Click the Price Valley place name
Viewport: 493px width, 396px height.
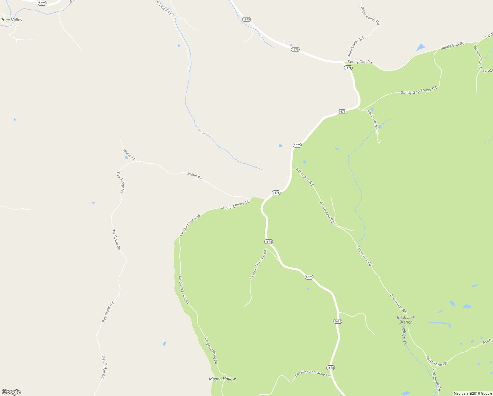pos(12,20)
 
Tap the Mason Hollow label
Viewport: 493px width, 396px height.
pos(222,379)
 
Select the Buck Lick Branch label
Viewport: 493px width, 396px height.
pos(406,320)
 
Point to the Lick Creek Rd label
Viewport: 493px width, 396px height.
pos(436,379)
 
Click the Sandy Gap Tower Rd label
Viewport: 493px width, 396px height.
pos(419,90)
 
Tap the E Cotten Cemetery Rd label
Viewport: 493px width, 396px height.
pos(258,265)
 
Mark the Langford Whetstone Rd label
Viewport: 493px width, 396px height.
pos(312,373)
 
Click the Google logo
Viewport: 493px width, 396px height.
pos(11,392)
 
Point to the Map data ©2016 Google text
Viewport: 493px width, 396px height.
pos(473,393)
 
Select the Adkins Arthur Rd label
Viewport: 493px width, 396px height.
pos(478,57)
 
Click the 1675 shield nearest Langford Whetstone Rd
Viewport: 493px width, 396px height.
pos(331,368)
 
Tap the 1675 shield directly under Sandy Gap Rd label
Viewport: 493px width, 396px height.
pos(348,68)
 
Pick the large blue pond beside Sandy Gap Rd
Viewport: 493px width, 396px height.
pos(420,48)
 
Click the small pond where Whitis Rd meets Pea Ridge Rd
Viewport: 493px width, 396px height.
pos(126,157)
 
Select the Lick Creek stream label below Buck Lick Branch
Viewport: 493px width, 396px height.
pos(404,335)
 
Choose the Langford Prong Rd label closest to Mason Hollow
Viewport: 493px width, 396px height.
pos(211,350)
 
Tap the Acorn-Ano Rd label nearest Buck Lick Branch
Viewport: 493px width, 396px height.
pos(398,304)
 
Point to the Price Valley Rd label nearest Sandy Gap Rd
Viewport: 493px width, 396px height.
pos(356,47)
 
